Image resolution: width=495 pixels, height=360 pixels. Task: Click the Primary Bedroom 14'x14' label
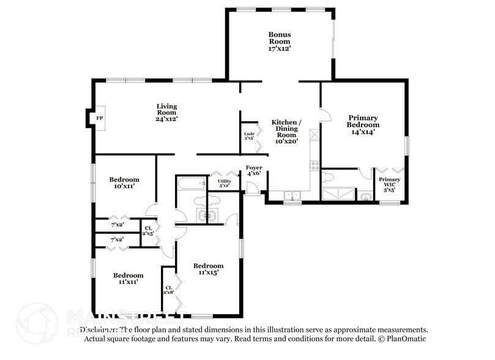point(363,124)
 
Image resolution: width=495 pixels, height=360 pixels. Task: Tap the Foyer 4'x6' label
point(254,170)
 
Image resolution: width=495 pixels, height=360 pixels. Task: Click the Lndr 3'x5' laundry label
point(249,136)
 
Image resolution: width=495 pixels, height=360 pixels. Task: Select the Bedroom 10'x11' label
point(124,182)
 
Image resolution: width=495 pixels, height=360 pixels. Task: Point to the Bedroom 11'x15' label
point(208,269)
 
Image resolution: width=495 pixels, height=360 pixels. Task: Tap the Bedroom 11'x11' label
point(128,279)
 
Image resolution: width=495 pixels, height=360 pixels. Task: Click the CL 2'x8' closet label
point(169,290)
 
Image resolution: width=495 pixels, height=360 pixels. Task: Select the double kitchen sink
point(292,195)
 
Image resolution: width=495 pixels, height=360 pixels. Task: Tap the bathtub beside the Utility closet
point(192,183)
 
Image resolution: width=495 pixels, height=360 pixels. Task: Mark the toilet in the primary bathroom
point(329,178)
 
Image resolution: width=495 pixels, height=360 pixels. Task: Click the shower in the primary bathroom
point(338,194)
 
